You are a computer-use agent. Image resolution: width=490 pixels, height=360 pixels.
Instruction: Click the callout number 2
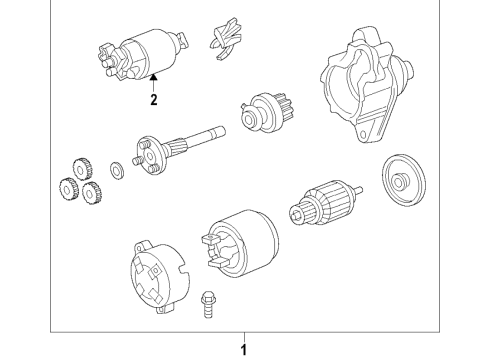[x=153, y=99]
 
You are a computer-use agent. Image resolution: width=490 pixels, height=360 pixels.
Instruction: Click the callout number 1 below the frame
[x=244, y=350]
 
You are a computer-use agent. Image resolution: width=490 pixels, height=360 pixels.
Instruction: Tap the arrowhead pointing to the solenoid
[x=153, y=77]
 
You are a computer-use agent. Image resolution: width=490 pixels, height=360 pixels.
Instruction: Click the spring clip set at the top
[x=226, y=39]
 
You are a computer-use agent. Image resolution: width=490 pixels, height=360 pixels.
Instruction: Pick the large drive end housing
[x=367, y=85]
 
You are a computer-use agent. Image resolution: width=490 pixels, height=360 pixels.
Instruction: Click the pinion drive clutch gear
[x=267, y=112]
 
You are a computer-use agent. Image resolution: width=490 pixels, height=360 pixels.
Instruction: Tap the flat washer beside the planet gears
[x=116, y=170]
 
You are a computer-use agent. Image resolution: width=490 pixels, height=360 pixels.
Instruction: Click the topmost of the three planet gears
[x=82, y=169]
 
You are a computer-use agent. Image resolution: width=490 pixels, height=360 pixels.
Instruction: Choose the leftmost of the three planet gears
[x=68, y=189]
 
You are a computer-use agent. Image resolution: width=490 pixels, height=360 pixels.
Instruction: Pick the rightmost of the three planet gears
[x=92, y=193]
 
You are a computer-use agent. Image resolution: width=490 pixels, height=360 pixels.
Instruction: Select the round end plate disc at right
[x=404, y=180]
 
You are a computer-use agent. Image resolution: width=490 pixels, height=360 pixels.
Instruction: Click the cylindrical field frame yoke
[x=240, y=243]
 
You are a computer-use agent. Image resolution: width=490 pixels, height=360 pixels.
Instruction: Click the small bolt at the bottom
[x=207, y=304]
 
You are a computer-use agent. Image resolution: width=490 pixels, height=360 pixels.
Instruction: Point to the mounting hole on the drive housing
[x=362, y=134]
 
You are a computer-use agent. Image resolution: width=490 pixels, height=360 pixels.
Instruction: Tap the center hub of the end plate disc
[x=398, y=181]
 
